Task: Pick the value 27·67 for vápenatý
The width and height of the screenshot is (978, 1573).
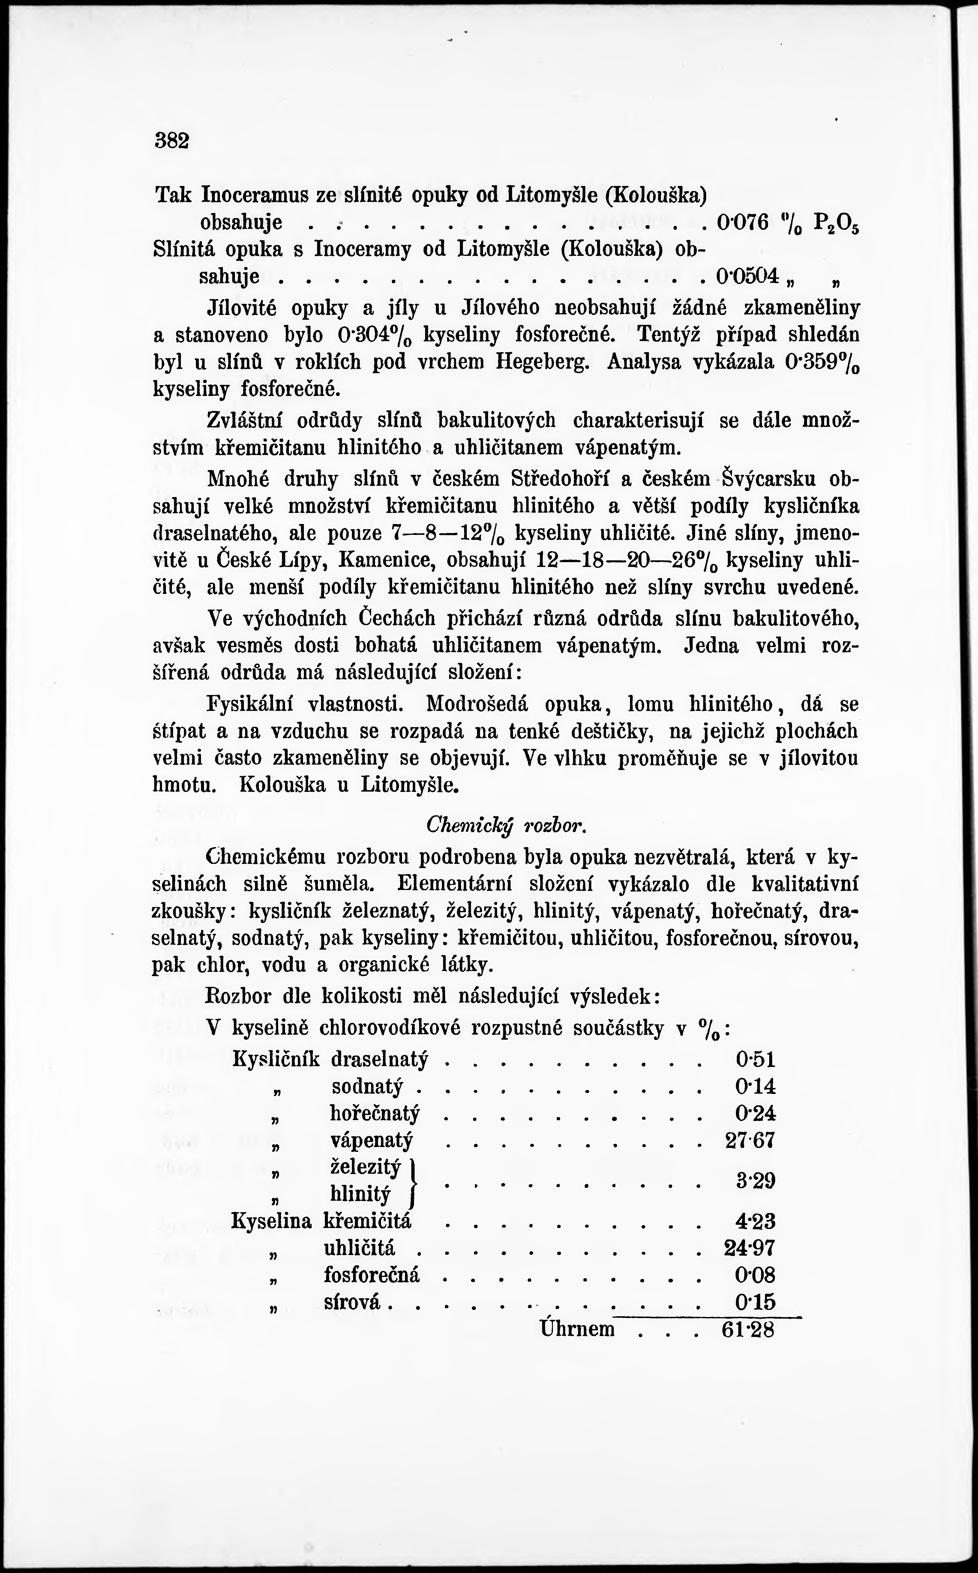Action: [750, 1140]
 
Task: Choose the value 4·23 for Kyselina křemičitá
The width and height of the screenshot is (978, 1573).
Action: [755, 1221]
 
